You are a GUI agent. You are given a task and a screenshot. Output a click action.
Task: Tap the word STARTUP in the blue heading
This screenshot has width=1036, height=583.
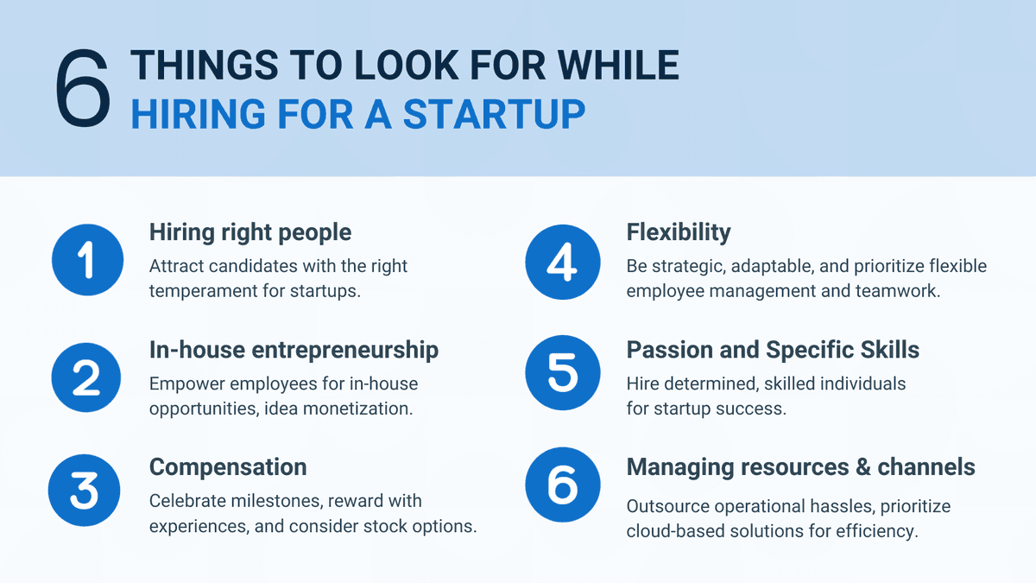coord(494,115)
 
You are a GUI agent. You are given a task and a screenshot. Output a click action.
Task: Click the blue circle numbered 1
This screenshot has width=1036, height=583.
coord(86,261)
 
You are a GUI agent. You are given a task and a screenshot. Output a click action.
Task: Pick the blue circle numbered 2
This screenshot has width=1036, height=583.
coord(86,378)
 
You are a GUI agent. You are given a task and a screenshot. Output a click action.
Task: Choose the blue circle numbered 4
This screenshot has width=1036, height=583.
coord(562,261)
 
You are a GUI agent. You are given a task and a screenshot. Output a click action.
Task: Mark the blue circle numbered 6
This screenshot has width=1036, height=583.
coord(562,485)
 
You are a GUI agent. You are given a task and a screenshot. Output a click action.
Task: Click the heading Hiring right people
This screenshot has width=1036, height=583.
coord(250,232)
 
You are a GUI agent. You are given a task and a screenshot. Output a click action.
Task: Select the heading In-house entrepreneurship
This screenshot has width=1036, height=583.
coord(294,349)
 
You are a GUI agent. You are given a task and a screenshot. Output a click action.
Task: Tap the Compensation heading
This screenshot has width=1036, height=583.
coord(228,466)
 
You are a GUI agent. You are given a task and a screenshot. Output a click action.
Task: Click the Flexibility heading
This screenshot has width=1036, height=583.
coord(679,232)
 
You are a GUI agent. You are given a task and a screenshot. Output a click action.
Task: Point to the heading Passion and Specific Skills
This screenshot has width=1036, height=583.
coord(773,349)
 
